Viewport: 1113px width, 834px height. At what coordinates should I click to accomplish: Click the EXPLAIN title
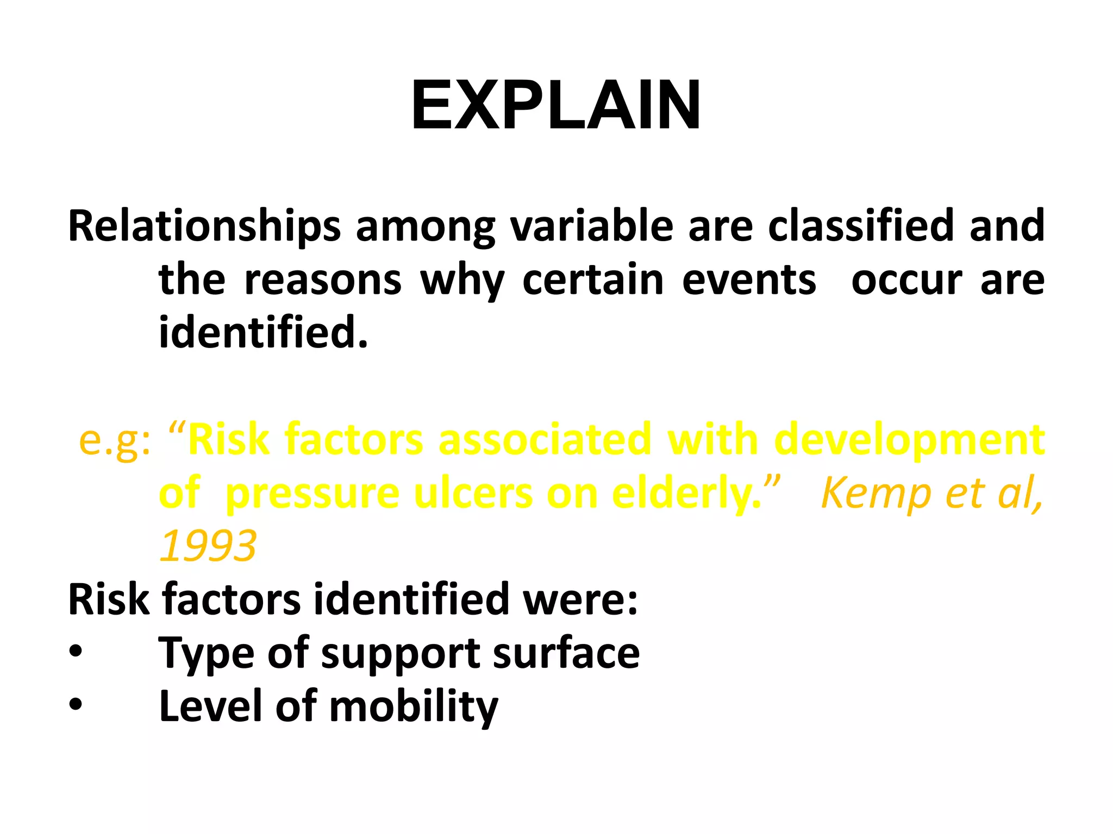coord(555,105)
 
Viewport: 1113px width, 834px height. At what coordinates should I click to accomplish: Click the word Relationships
coord(204,226)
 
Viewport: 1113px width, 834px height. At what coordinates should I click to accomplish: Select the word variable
coord(592,226)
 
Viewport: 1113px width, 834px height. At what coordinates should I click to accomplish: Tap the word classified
coord(861,226)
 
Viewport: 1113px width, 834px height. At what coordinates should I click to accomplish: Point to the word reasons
coord(323,281)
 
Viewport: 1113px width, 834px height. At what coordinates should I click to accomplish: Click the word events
coord(749,281)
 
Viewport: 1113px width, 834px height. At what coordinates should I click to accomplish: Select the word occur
coord(906,281)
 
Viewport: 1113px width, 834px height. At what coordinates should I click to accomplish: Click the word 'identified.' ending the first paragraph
coord(264,332)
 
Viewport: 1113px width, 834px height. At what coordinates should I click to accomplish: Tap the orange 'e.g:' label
coord(115,440)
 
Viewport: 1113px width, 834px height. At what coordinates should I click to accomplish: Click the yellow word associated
coord(545,440)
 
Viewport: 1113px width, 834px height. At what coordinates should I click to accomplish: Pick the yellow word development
coord(909,440)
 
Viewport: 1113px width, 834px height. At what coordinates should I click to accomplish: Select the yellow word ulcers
coord(473,493)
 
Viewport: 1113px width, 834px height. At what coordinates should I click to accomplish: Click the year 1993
coord(208,546)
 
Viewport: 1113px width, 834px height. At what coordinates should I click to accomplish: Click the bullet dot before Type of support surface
coord(76,651)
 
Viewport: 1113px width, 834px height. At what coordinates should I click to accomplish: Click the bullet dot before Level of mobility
coord(76,704)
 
